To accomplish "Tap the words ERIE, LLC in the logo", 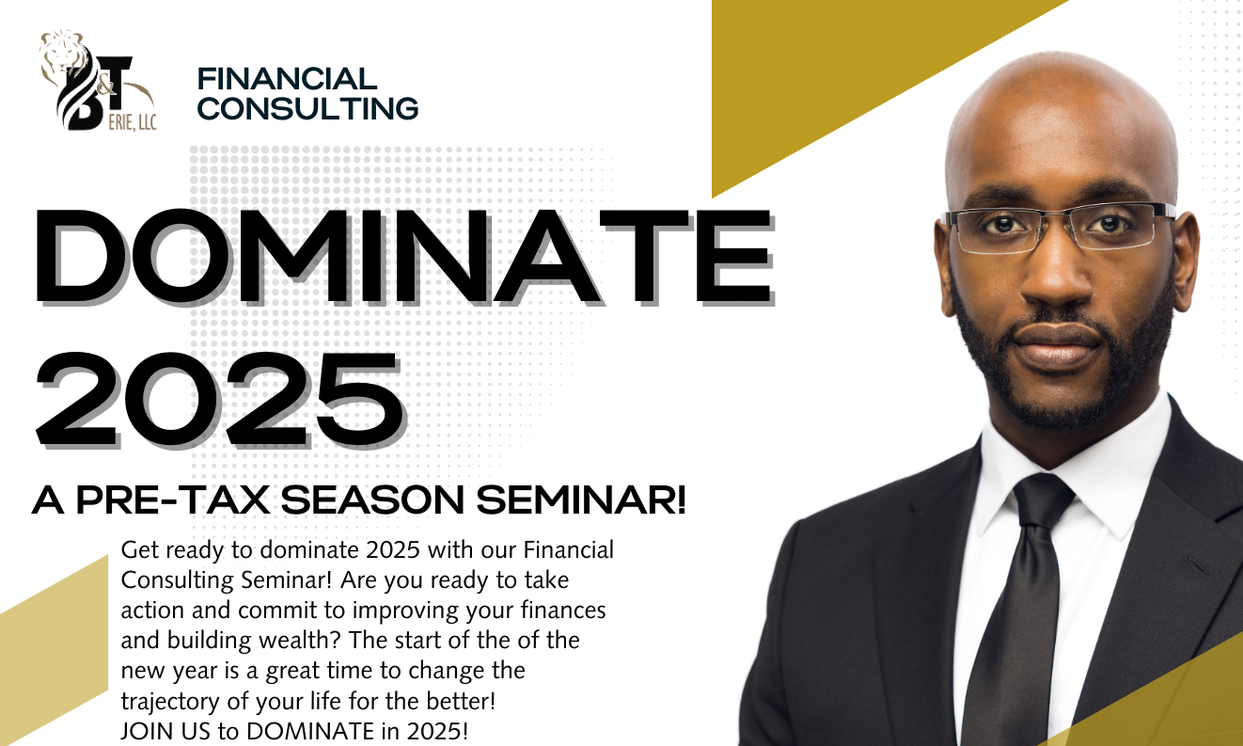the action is pos(133,122).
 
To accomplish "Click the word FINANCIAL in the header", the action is pos(287,79).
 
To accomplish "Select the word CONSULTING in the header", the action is pos(308,108).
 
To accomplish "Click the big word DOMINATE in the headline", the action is pos(404,258).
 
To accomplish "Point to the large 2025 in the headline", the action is pos(221,400).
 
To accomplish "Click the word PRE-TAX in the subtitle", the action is pos(173,500).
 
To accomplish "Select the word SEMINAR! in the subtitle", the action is pos(581,500).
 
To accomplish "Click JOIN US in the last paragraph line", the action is pos(165,731).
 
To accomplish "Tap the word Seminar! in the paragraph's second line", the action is pos(286,580).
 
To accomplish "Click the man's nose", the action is pos(1057,278).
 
